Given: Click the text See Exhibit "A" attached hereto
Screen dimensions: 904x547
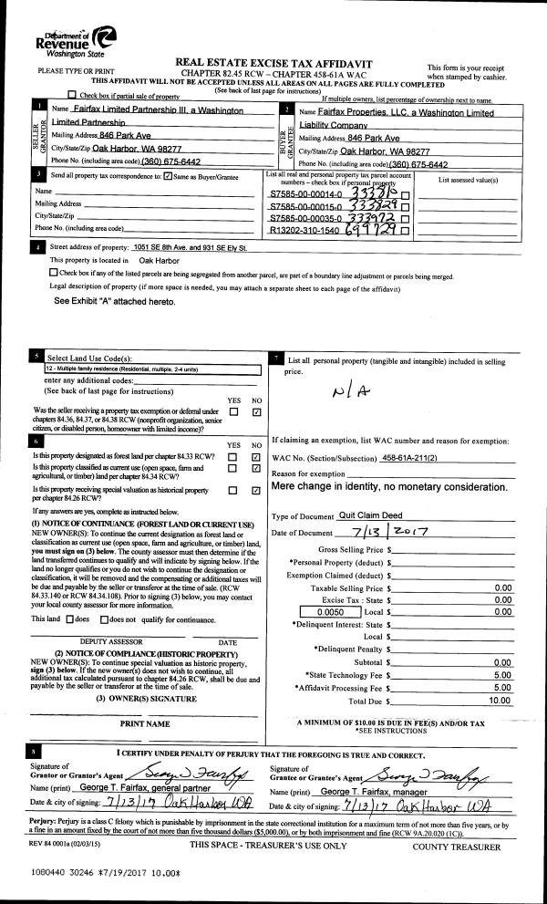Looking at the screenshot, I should pyautogui.click(x=114, y=301).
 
